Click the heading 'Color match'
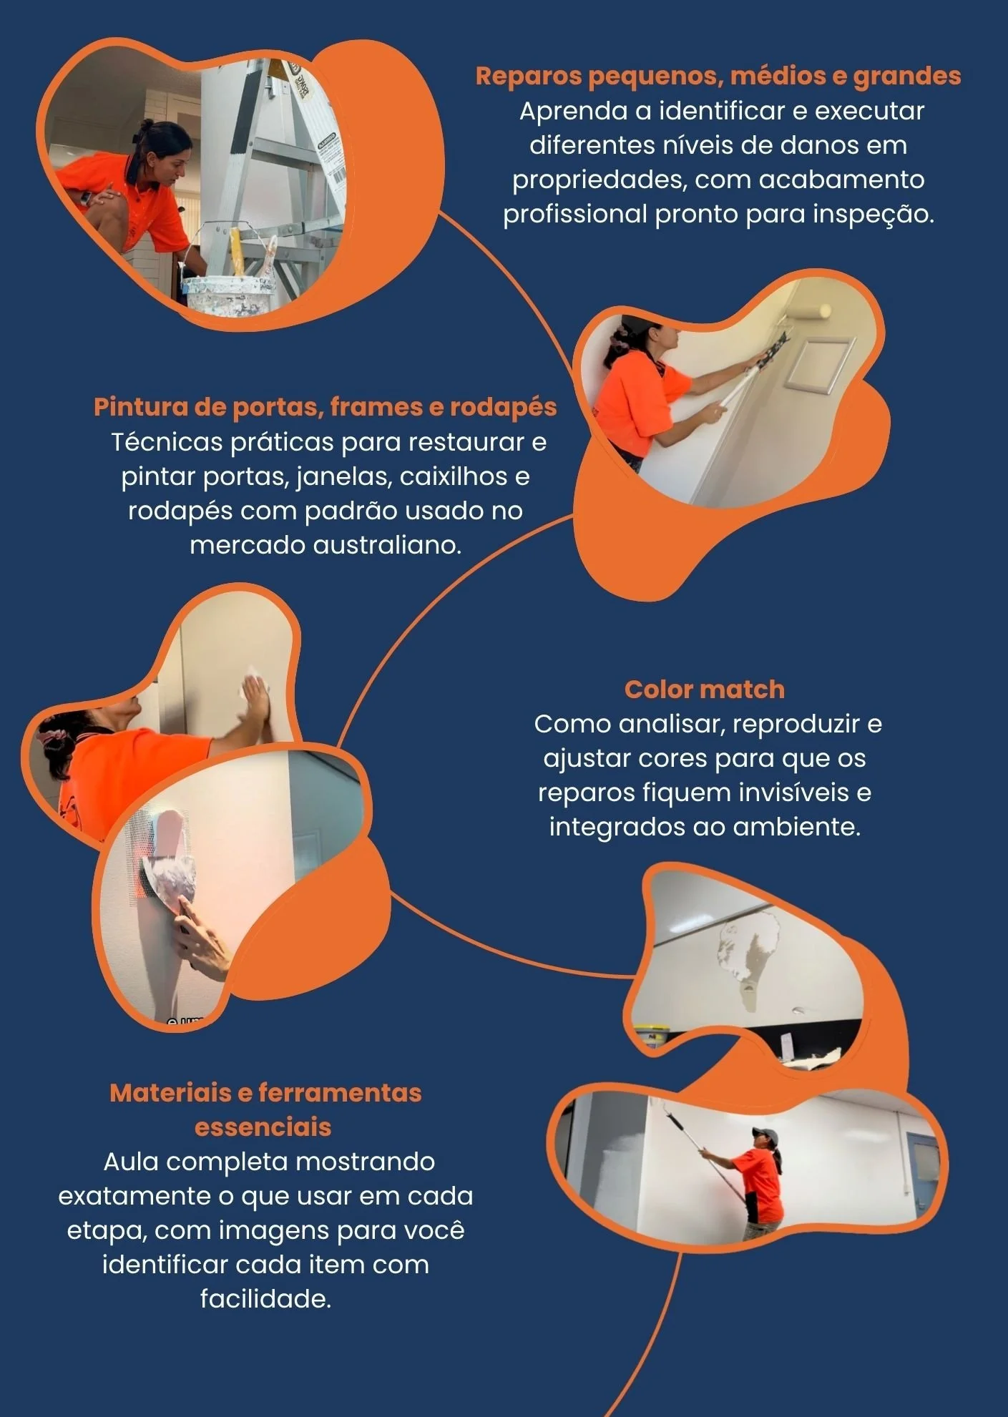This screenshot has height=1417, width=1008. point(705,690)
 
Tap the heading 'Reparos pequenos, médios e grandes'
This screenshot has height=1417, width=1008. point(718,76)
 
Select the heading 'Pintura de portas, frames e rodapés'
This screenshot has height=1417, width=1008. point(325,407)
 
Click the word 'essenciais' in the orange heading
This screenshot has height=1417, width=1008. point(263,1127)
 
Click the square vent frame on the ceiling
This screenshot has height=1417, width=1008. point(820,365)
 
